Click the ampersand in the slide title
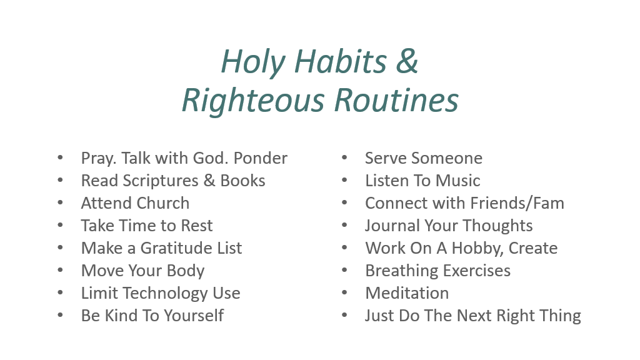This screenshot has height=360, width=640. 407,61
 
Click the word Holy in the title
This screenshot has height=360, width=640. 253,62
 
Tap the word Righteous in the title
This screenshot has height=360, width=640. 254,101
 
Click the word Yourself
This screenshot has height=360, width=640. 194,316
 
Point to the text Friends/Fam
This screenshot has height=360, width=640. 517,203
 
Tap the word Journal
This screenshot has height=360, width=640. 392,226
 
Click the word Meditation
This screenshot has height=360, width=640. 407,293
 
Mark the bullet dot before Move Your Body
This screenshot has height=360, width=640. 61,270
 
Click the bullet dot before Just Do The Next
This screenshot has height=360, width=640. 344,315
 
